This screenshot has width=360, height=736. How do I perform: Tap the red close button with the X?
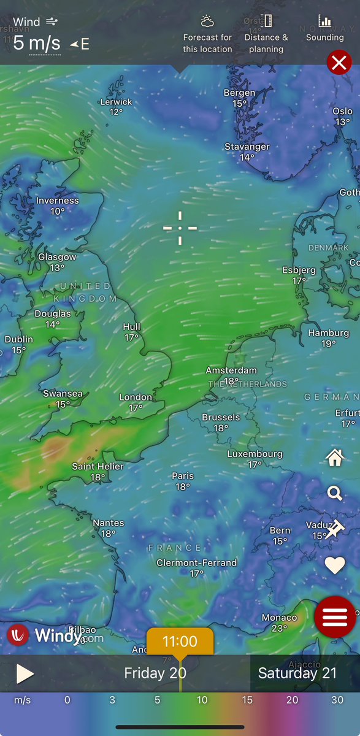coord(339,63)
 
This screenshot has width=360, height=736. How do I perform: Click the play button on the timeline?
coord(25,673)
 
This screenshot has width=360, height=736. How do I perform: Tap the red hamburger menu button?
coord(335,616)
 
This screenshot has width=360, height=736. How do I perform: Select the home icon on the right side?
coord(335,457)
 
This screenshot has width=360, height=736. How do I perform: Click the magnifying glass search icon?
coord(335,493)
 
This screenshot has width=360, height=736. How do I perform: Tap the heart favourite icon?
coord(335,565)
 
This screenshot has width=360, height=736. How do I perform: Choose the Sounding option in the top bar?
coord(324,29)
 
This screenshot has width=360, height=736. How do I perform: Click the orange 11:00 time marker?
coord(180,642)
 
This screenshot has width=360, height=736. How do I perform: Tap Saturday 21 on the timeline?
coord(297,673)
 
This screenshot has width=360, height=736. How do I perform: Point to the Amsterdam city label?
coord(231,370)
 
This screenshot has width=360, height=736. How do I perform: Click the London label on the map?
coord(136,397)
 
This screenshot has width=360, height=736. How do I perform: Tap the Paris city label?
coord(183,476)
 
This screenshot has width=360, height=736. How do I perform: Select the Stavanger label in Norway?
coord(247,147)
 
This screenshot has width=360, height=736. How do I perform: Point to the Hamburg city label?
coord(328,333)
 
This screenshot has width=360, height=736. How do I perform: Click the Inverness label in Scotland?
coord(58,201)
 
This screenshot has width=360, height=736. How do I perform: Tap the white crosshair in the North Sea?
coord(180,228)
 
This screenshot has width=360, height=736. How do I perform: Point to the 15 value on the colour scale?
coord(247,700)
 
